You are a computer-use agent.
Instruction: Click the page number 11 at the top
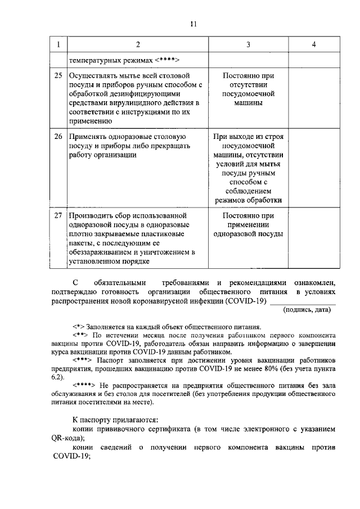click(x=193, y=24)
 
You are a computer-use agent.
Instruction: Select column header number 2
click(x=137, y=44)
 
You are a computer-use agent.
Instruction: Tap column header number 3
click(x=248, y=44)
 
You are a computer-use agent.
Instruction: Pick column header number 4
click(x=313, y=44)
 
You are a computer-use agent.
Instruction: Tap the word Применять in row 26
click(x=89, y=137)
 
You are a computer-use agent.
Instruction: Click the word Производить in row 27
click(x=93, y=216)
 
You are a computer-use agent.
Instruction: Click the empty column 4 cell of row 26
click(x=313, y=169)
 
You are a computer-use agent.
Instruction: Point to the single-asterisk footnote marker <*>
click(x=79, y=326)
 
